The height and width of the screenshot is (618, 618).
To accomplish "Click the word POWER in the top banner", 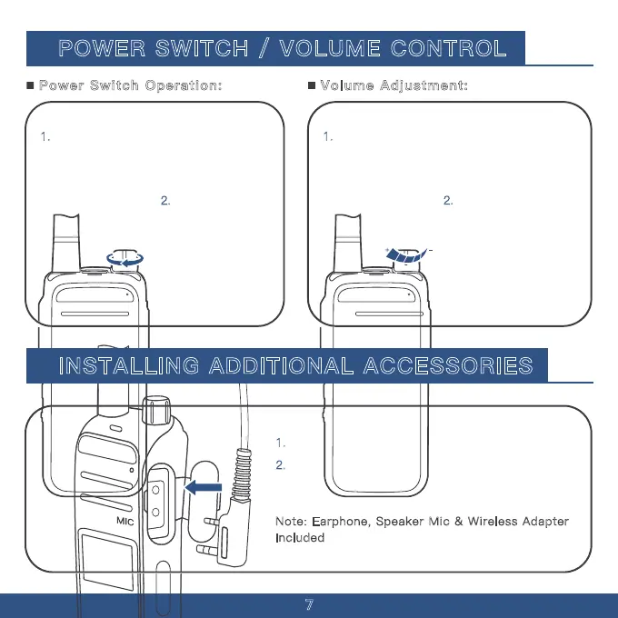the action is click(x=102, y=48).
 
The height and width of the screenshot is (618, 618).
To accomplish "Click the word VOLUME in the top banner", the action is click(x=330, y=48).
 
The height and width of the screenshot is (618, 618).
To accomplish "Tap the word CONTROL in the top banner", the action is click(x=449, y=48).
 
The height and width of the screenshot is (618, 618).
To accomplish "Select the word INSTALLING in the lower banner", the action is click(x=129, y=365).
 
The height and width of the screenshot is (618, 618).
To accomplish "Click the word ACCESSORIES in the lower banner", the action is click(x=448, y=365).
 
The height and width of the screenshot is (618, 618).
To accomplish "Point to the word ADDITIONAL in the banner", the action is click(x=282, y=365).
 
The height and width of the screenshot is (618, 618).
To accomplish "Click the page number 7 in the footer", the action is click(x=309, y=604).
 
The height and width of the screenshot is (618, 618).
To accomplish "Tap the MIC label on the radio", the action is click(x=125, y=522).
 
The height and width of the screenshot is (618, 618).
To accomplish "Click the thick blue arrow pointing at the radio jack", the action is click(x=204, y=487).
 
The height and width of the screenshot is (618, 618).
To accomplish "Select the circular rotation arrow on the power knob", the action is click(x=125, y=260).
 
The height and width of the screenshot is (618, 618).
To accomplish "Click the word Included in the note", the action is click(x=300, y=538).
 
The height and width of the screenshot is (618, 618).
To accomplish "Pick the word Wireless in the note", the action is click(x=493, y=522).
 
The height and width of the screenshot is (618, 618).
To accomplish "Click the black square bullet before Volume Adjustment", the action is click(x=312, y=85).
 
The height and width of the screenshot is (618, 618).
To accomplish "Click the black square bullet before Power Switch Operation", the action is click(x=30, y=85).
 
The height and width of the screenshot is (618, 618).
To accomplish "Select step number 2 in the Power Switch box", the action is click(x=165, y=201).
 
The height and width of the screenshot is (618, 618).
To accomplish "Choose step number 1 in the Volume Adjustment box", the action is click(x=328, y=136).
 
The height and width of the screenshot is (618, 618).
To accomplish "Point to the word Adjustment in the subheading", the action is click(x=424, y=86).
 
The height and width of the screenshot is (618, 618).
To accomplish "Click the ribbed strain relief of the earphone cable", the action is click(x=242, y=476).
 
